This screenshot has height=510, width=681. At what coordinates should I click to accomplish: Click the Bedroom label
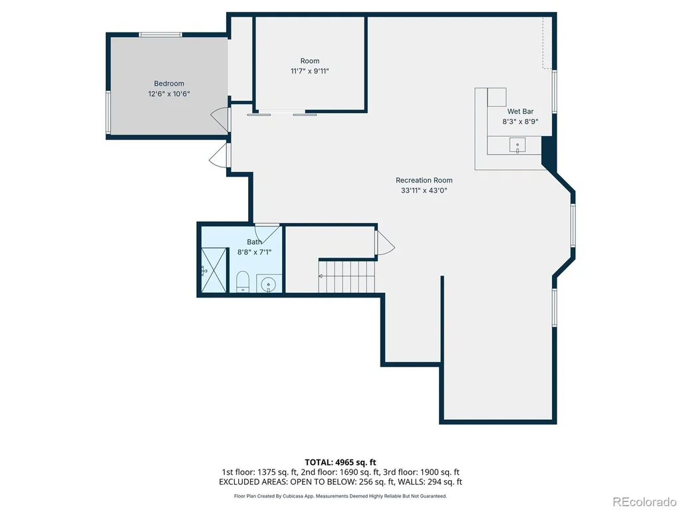169,83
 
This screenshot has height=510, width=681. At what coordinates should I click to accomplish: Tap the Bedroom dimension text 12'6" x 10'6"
169,94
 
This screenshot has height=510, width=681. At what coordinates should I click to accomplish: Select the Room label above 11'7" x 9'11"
310,60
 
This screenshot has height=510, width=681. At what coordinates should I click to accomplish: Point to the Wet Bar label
520,112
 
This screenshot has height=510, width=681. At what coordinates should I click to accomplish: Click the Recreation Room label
424,180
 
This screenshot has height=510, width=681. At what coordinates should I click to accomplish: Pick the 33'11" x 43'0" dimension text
424,191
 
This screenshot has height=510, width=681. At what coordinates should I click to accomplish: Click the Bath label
254,242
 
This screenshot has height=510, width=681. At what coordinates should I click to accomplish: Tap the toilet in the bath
242,282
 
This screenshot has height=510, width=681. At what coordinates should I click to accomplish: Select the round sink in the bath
269,284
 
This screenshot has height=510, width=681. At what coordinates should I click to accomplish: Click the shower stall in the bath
214,270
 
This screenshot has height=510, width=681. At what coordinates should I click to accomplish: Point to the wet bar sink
517,145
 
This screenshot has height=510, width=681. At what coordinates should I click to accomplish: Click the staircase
347,276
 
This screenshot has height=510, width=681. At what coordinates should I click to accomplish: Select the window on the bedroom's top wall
160,35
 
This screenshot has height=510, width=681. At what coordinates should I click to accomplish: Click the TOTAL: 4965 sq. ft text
340,462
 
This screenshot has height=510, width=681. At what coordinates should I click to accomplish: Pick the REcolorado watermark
644,502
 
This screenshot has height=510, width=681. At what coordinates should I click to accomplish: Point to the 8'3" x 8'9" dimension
520,122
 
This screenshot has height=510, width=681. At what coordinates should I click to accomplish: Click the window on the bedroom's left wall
108,112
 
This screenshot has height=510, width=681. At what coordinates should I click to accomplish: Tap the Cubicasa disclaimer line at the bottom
340,495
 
